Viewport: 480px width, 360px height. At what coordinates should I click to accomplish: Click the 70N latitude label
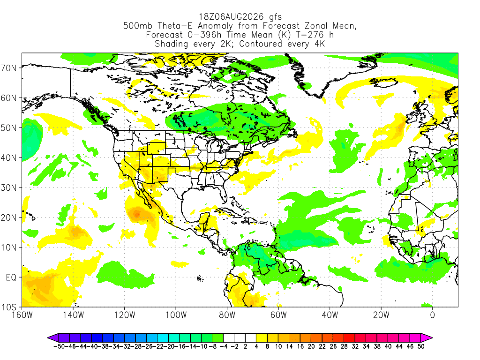8,68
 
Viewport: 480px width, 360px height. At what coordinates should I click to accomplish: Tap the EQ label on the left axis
11,277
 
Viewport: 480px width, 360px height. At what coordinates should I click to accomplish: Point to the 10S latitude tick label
8,307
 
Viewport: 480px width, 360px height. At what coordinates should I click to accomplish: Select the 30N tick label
8,187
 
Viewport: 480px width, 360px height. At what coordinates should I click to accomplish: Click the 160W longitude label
22,315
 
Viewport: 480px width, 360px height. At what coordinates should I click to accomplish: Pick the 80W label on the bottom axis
227,315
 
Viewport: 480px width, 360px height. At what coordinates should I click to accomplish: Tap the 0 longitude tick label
432,315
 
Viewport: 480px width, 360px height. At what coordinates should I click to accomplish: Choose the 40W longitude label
330,315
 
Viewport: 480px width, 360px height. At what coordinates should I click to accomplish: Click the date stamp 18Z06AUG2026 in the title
231,16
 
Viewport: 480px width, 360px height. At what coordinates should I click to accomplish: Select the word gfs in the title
275,17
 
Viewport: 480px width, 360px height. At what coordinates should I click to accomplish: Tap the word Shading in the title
171,44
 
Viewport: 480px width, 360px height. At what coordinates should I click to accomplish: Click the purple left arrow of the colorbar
52,338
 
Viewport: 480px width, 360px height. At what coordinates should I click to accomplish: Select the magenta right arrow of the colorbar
427,338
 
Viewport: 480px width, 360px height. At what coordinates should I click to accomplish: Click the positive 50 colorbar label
421,346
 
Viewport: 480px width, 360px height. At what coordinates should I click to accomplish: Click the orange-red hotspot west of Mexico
136,214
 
